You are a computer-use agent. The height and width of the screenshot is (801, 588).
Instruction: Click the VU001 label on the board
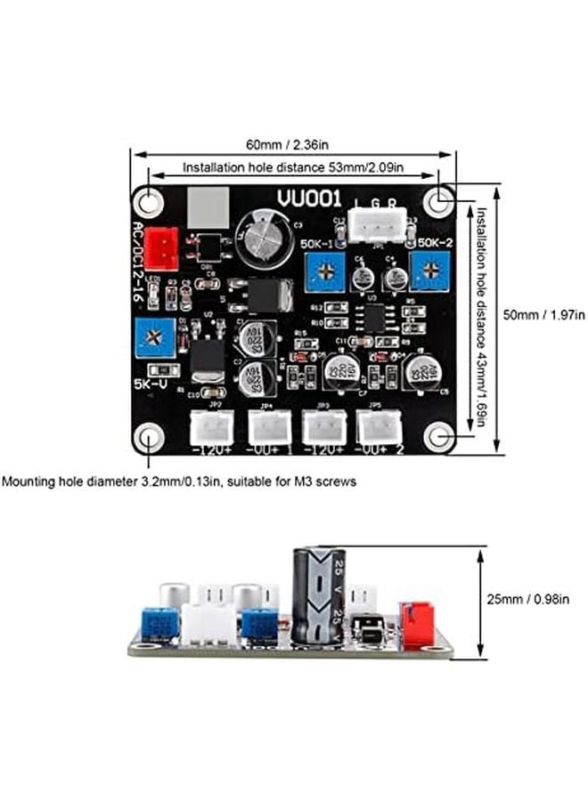click(300, 199)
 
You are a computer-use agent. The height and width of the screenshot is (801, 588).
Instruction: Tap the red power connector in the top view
click(161, 242)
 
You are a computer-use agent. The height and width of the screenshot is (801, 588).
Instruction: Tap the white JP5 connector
click(377, 429)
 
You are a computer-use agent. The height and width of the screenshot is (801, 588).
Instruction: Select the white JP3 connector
click(322, 429)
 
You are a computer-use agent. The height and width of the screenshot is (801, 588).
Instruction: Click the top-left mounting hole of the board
click(148, 201)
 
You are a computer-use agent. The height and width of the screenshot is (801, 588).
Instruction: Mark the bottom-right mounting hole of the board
click(438, 436)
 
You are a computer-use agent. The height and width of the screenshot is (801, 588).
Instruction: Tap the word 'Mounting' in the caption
click(29, 481)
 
